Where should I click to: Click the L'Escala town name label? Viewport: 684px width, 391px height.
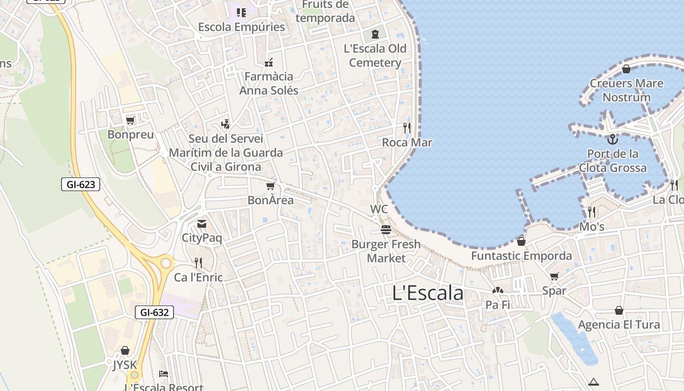(427, 293)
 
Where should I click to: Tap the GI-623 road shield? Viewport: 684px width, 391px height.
(81, 184)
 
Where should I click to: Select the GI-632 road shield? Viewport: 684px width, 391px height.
(154, 312)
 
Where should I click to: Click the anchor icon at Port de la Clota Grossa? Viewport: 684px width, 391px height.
(612, 139)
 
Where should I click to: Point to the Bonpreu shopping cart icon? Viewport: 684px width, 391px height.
(130, 120)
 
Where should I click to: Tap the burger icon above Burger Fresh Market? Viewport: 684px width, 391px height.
(386, 229)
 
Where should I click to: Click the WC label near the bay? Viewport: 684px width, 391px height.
(379, 209)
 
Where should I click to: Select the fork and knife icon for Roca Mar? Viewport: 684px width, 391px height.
(407, 128)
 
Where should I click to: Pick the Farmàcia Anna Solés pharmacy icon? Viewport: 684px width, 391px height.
(268, 62)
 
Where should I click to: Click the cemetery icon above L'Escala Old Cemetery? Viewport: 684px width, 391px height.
(375, 34)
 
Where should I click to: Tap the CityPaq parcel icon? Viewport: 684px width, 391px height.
(201, 224)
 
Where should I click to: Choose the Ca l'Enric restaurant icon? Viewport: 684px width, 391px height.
(198, 263)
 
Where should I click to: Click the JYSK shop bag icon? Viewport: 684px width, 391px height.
(125, 350)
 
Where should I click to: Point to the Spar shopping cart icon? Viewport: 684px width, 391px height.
(554, 277)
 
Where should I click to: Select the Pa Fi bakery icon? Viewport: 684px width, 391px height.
(497, 291)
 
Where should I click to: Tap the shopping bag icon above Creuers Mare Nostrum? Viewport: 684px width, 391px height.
(626, 69)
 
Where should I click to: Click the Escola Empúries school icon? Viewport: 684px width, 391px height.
(241, 12)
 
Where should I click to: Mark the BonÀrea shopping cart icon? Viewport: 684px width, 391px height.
(270, 186)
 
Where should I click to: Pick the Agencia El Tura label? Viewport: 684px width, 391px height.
(619, 325)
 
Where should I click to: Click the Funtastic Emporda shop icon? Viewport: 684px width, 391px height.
(521, 241)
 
